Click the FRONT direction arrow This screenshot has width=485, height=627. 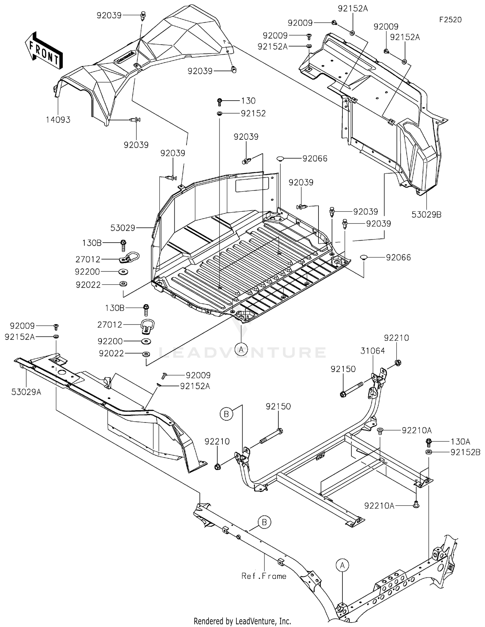[x=44, y=50]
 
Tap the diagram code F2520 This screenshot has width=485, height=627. [x=450, y=20]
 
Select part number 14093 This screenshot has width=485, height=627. [x=58, y=120]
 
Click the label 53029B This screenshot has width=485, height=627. [x=426, y=214]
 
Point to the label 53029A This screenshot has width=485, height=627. [x=26, y=392]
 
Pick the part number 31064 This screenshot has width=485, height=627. [x=373, y=351]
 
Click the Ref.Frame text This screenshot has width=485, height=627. [x=264, y=585]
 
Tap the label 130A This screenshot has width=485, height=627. [x=460, y=442]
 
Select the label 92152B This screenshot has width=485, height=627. [x=465, y=452]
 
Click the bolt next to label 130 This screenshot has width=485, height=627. [x=219, y=102]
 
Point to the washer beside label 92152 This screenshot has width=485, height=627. [x=219, y=114]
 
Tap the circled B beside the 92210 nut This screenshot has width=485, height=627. [x=226, y=414]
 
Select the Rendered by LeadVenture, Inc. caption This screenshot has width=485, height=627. [x=242, y=621]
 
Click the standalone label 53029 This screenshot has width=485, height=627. [x=123, y=228]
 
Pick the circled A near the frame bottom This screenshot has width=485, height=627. [x=342, y=565]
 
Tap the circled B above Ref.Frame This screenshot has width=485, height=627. [x=264, y=522]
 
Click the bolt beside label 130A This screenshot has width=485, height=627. [x=429, y=442]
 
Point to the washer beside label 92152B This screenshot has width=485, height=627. [x=429, y=452]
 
